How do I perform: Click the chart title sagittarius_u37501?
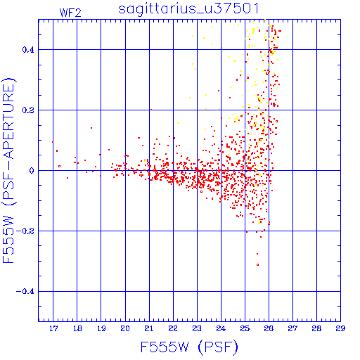(188, 9)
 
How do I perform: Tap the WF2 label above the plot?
(70, 13)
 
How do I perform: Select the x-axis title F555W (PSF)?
(189, 347)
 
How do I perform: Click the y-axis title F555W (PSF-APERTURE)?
(8, 170)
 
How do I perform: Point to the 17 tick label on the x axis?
(53, 328)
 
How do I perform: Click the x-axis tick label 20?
(125, 328)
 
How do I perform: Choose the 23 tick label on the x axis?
(197, 328)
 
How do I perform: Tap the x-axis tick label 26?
(269, 328)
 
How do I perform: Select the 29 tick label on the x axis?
(340, 328)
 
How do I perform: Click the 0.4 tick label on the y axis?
(28, 50)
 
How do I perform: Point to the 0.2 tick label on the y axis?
(28, 110)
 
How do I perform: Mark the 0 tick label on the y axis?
(32, 171)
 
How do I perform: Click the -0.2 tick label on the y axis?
(25, 231)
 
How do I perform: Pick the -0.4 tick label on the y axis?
(25, 292)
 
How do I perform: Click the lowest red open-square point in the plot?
(257, 264)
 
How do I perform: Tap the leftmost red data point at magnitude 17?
(53, 142)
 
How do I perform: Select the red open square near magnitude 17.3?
(60, 166)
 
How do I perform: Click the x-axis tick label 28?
(316, 328)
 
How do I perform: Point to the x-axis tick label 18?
(77, 328)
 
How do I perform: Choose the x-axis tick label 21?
(149, 328)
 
